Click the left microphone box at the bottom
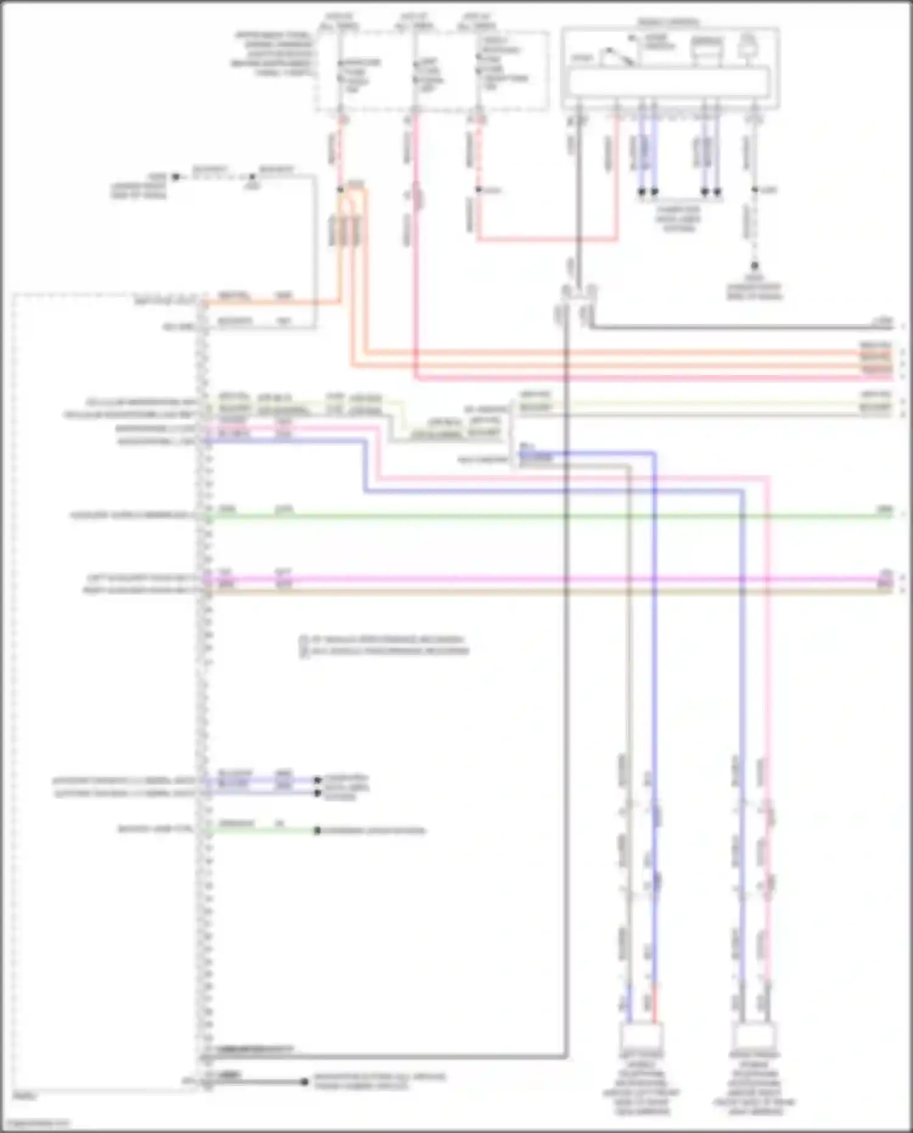(642, 1036)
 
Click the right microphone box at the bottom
(754, 1036)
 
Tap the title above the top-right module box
(668, 23)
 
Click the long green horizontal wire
(548, 516)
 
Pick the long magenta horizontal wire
(548, 578)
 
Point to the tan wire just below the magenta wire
(548, 590)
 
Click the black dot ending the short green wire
(317, 830)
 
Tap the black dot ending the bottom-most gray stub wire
(304, 1082)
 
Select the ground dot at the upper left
(175, 177)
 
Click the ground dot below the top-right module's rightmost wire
(754, 266)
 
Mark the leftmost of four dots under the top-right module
(642, 192)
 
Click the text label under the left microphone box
(642, 1084)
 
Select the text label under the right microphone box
(754, 1084)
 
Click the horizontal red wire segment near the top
(548, 240)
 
